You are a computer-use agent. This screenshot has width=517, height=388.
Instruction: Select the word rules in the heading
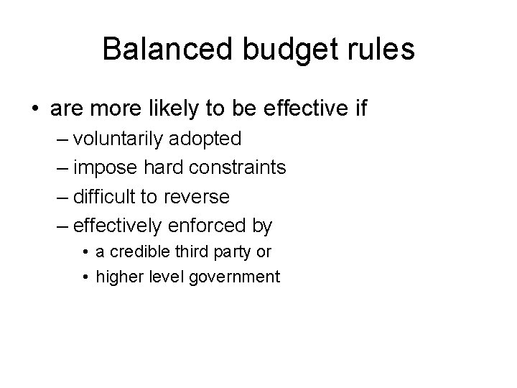coord(385,50)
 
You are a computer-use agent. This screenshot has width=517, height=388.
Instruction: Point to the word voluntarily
coord(120,138)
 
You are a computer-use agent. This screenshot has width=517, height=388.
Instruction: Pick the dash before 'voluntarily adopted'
coord(62,139)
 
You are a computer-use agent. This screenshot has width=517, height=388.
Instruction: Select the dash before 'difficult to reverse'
coord(62,197)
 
